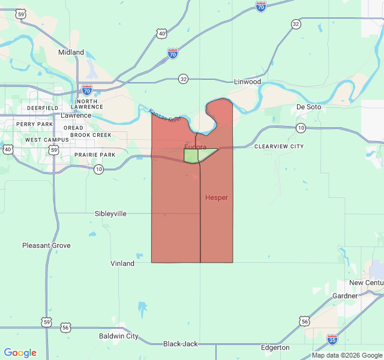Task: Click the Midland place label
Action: pos(71,52)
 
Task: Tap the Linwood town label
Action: pos(247,81)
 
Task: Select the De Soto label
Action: pos(308,107)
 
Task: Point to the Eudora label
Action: pos(195,147)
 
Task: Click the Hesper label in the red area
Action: pos(216,197)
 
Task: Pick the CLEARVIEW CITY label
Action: pos(278,146)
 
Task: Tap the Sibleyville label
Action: pos(110,214)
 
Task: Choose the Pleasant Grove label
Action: pos(46,245)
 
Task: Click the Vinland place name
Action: pos(122,263)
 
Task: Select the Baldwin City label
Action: pos(119,336)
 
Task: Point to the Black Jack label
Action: pos(180,344)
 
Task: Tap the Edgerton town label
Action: pos(275,347)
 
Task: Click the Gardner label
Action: pos(344,296)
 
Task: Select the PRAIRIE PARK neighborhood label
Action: pos(94,155)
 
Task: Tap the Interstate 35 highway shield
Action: pos(332,340)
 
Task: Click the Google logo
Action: pos(20,353)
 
